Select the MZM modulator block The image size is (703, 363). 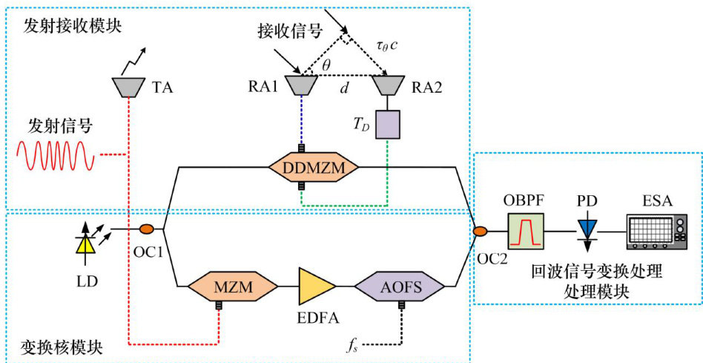tap(231, 286)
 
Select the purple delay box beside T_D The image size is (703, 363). tap(388, 124)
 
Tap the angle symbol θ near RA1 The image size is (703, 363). tap(326, 66)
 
